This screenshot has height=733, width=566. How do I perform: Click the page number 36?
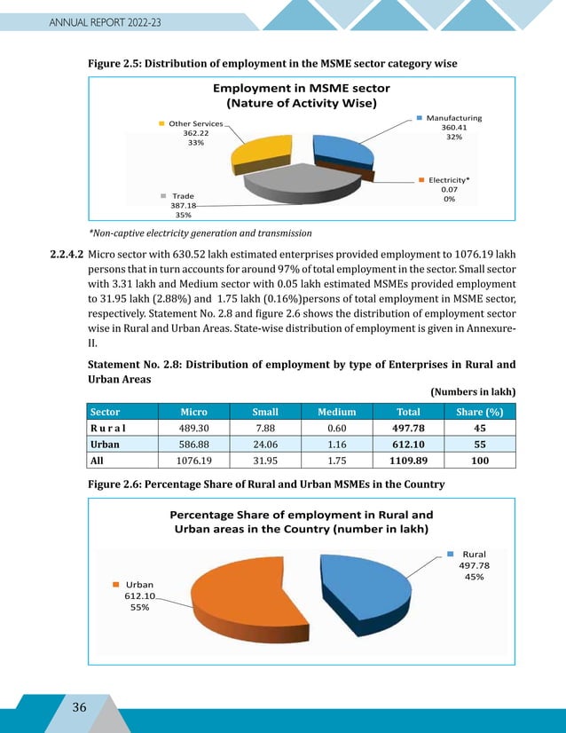coord(79,706)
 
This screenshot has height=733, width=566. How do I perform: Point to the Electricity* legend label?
coord(448,179)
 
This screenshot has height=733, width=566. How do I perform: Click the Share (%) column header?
coord(479,412)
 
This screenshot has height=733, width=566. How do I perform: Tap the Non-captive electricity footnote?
coord(199,233)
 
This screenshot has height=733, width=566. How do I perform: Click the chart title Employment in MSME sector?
coord(302,89)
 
